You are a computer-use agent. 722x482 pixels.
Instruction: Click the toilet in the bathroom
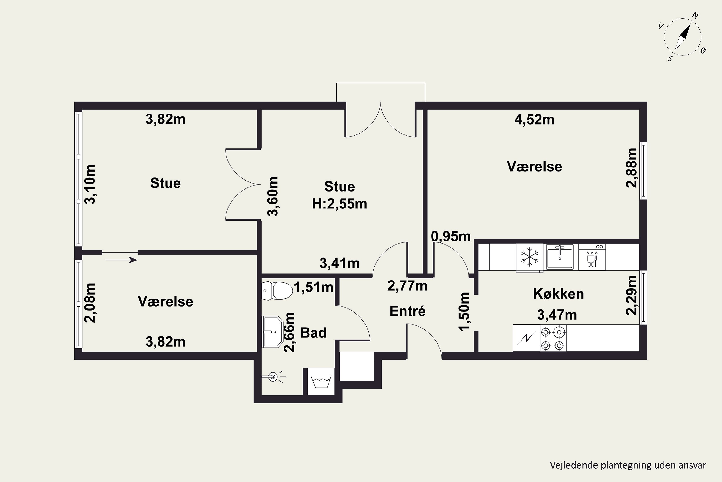[277, 290]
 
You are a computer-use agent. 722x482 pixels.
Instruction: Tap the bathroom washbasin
[273, 332]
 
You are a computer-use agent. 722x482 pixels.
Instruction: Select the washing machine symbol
[321, 382]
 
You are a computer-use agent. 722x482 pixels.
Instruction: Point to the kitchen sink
[561, 257]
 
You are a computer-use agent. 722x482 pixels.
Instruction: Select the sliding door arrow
[121, 260]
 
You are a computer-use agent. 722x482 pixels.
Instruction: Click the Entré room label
[408, 311]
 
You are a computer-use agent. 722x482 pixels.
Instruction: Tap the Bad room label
[313, 333]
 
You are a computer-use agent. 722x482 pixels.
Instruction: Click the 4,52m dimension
[535, 120]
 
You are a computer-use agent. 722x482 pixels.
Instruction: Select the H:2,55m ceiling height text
[340, 204]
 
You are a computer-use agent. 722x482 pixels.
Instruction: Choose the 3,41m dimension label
[340, 263]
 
